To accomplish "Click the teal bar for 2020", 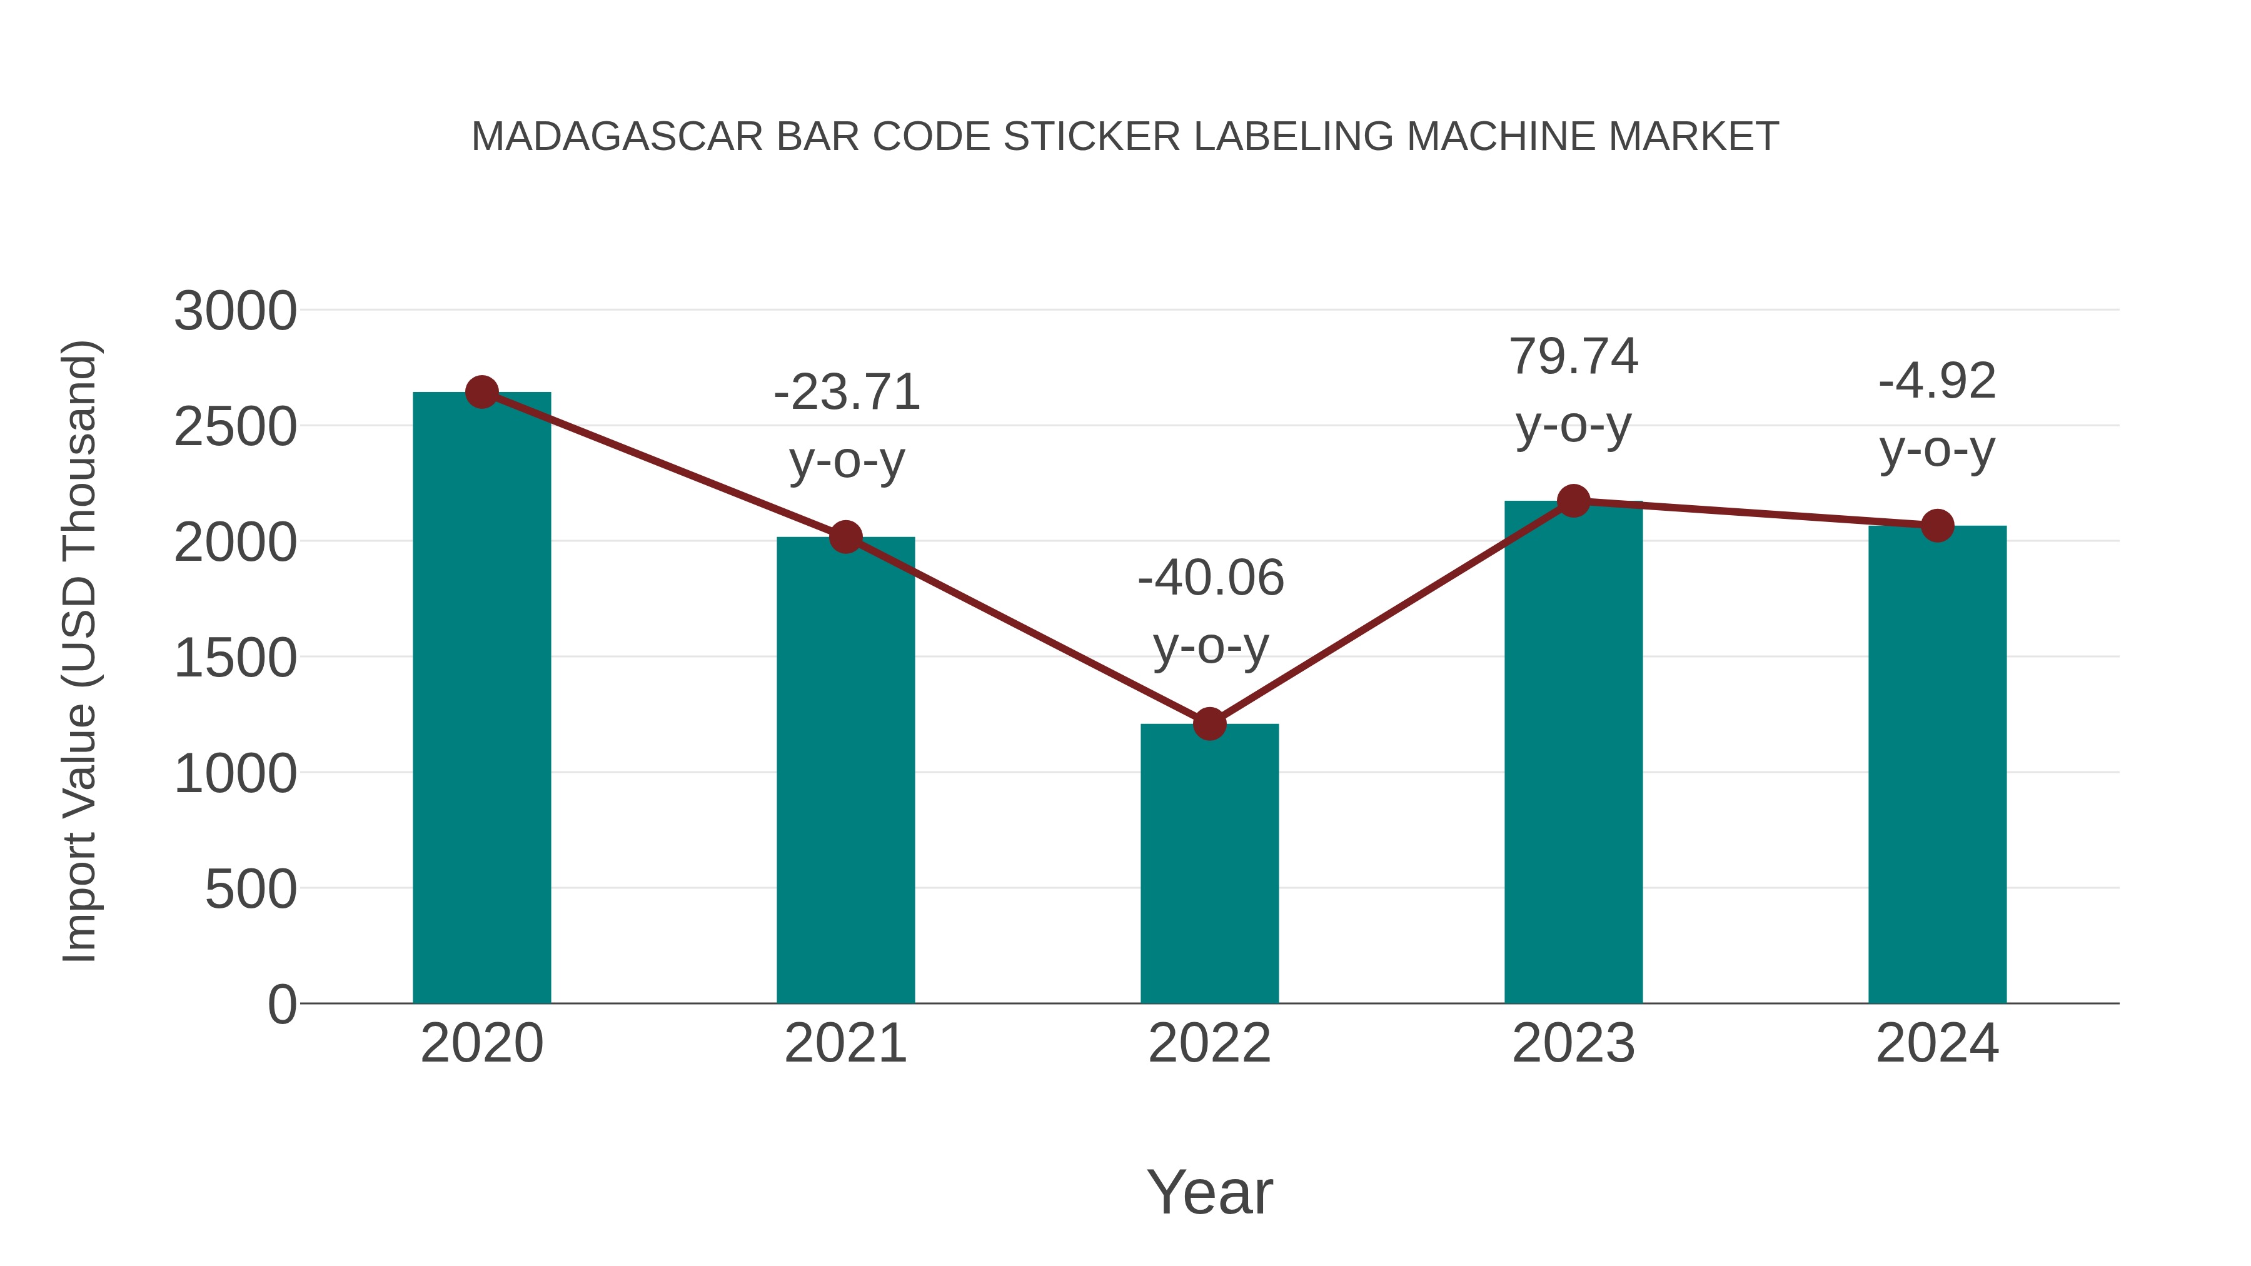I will (x=481, y=699).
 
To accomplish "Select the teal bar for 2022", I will (x=1209, y=865).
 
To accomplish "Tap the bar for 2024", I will (x=1937, y=765).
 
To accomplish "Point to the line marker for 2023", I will (x=1573, y=501).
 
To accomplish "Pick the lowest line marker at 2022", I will (x=1209, y=723).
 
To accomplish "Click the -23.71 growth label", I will (x=847, y=392).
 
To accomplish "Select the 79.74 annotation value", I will (x=1574, y=356).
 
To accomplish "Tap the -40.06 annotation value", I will (x=1211, y=578).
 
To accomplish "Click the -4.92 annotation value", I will (x=1937, y=381).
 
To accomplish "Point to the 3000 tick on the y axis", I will (x=235, y=311).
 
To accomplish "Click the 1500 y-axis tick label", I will (x=235, y=658).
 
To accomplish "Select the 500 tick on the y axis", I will (x=251, y=890).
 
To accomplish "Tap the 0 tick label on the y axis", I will (x=282, y=1005).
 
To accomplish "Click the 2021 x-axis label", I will (x=846, y=1043).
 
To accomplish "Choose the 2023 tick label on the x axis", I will (x=1573, y=1043).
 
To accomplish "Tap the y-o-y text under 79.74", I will (x=1574, y=426).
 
